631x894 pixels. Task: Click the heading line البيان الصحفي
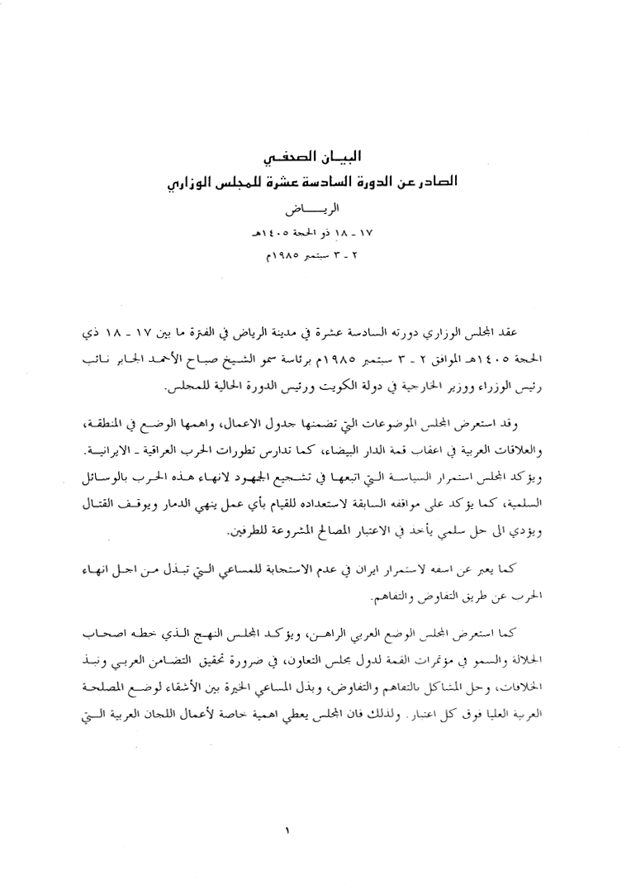pos(315,155)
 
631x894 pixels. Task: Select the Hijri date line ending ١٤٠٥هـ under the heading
pos(315,233)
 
